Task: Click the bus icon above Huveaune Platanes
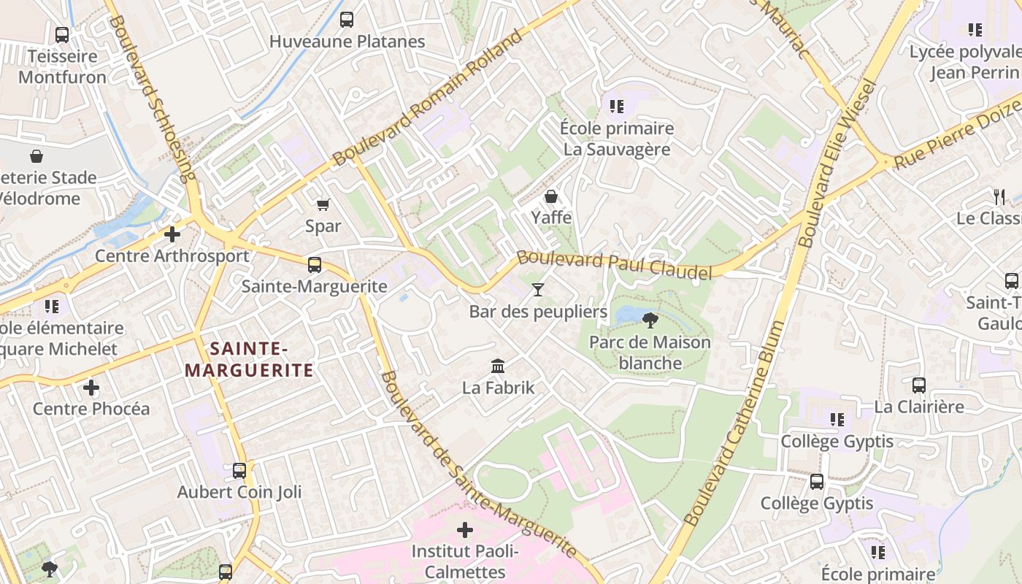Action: [347, 20]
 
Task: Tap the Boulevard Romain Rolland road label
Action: [428, 99]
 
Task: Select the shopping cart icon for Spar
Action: [323, 205]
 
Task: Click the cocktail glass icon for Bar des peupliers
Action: [538, 290]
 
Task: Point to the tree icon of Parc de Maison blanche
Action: [650, 320]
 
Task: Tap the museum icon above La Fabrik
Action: [498, 366]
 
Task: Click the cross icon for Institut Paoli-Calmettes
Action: [465, 529]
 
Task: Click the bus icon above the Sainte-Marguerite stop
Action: [314, 265]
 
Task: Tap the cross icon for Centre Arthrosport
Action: [172, 234]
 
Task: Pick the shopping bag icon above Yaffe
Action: [551, 196]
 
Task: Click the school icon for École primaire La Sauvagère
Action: [617, 107]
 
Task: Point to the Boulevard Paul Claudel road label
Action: [614, 265]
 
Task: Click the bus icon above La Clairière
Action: [919, 385]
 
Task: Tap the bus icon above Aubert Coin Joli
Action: [239, 471]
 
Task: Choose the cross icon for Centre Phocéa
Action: [91, 387]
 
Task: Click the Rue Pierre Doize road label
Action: [956, 134]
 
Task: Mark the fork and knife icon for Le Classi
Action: [999, 196]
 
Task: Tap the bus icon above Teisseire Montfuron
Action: [62, 34]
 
